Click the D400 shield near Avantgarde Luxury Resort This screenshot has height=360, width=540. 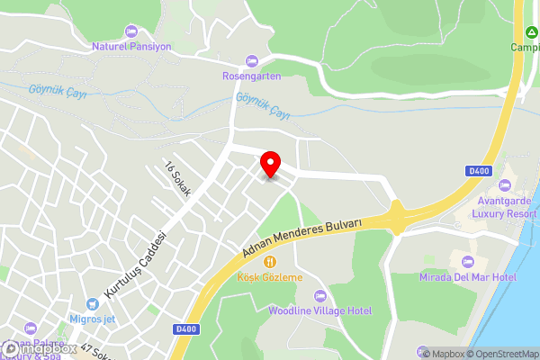pyautogui.click(x=480, y=171)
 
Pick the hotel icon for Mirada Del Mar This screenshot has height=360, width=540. pyautogui.click(x=467, y=262)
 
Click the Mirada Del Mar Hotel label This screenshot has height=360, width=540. pyautogui.click(x=480, y=277)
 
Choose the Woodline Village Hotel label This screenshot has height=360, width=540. pyautogui.click(x=320, y=310)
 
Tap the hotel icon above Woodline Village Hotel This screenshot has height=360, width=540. pyautogui.click(x=320, y=295)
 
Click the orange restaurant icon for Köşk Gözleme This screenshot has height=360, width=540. pyautogui.click(x=270, y=262)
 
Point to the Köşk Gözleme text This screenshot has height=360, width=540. pyautogui.click(x=270, y=277)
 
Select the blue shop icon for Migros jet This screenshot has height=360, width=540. pyautogui.click(x=92, y=304)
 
